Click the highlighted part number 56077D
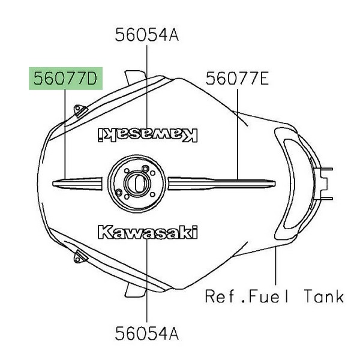tap(65, 79)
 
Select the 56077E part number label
tap(237, 79)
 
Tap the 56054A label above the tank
tap(147, 35)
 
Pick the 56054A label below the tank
tap(147, 334)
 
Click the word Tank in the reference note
tap(324, 296)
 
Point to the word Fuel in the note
tap(268, 296)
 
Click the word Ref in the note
tap(219, 296)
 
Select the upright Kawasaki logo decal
tap(148, 232)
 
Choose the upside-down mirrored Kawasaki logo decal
tap(148, 135)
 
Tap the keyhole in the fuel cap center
tap(139, 184)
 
